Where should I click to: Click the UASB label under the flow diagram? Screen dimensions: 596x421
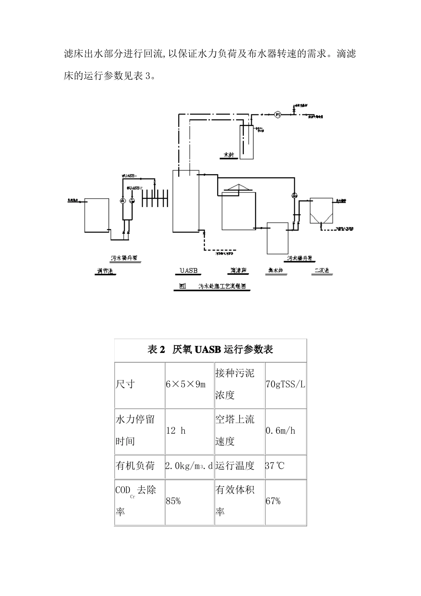(x=188, y=271)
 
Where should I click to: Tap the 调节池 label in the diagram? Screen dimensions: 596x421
(x=106, y=271)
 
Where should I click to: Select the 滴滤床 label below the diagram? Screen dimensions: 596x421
(x=238, y=271)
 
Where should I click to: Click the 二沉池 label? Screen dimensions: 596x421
(x=321, y=271)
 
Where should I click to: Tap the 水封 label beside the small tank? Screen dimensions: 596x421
(x=229, y=155)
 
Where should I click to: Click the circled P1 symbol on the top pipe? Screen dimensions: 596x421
(x=278, y=114)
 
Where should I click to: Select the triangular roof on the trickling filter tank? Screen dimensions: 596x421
(x=238, y=189)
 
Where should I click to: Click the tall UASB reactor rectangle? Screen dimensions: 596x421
(x=186, y=202)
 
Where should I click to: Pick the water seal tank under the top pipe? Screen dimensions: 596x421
(x=246, y=142)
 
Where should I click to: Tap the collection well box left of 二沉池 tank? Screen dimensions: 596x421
(x=277, y=238)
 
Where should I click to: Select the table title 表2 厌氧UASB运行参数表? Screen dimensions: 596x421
(x=210, y=350)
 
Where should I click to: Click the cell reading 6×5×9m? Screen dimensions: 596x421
(x=186, y=384)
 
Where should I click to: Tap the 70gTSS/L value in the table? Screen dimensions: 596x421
(x=285, y=384)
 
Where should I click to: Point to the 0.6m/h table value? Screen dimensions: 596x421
(x=281, y=431)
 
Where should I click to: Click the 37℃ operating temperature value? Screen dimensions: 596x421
(x=275, y=466)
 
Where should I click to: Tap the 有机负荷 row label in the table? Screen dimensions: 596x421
(x=135, y=466)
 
